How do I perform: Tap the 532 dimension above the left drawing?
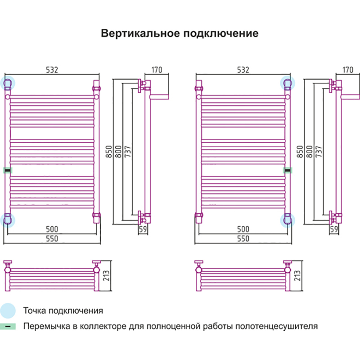pyautogui.click(x=52, y=70)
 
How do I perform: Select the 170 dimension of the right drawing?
pyautogui.click(x=348, y=70)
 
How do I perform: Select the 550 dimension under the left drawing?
pyautogui.click(x=52, y=239)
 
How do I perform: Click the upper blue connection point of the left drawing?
pyautogui.click(x=8, y=83)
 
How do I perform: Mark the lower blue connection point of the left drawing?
pyautogui.click(x=8, y=219)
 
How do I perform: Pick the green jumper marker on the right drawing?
pyautogui.click(x=287, y=170)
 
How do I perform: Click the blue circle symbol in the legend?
pyautogui.click(x=8, y=310)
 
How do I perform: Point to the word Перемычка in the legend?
pyautogui.click(x=45, y=326)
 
